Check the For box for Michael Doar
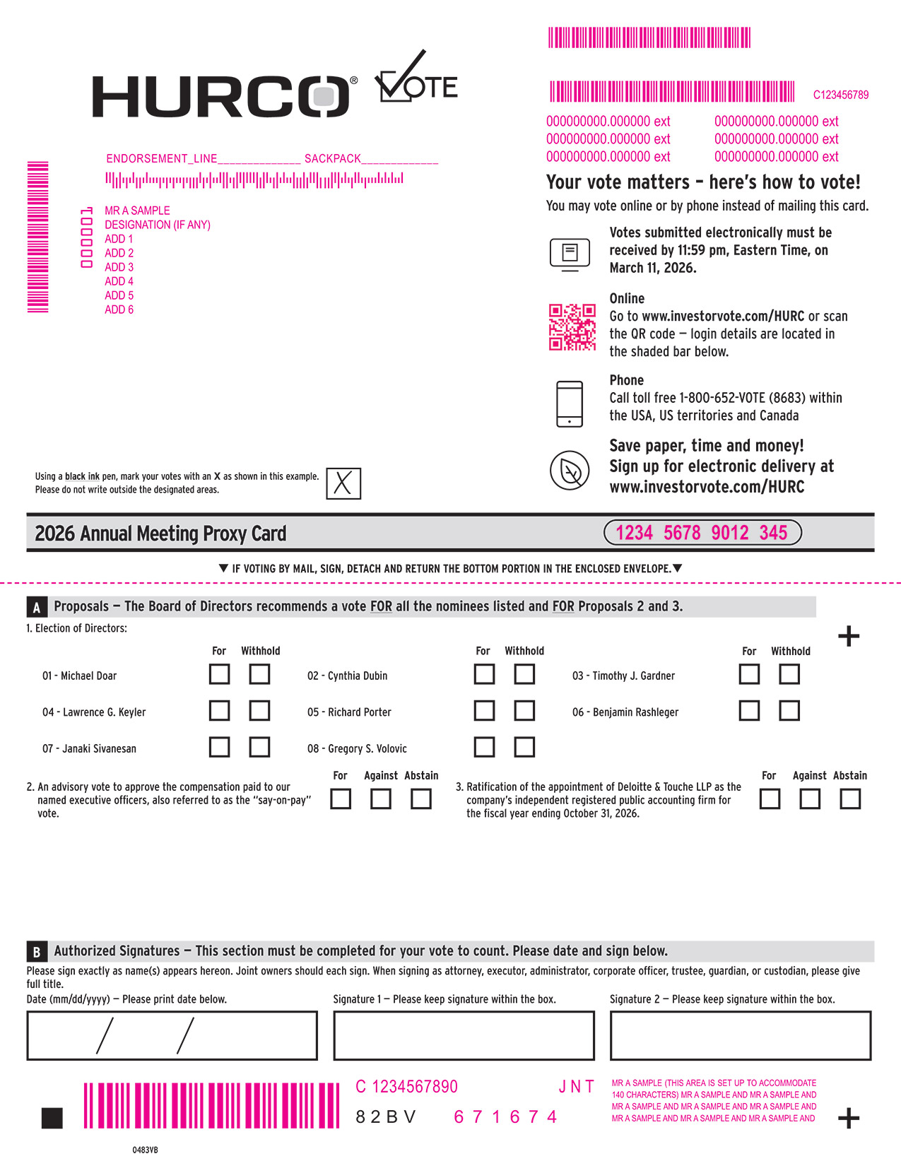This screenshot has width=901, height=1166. pyautogui.click(x=219, y=674)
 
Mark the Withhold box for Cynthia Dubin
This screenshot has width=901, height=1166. pyautogui.click(x=524, y=674)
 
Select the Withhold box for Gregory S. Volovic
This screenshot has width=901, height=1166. pyautogui.click(x=524, y=747)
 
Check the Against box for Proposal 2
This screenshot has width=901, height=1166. pyautogui.click(x=380, y=799)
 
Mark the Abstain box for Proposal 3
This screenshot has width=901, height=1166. pyautogui.click(x=849, y=799)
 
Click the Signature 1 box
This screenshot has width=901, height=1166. pyautogui.click(x=463, y=1035)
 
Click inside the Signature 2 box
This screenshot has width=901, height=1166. pyautogui.click(x=740, y=1035)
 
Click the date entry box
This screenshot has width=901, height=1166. pyautogui.click(x=172, y=1035)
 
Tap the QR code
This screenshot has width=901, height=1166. pyautogui.click(x=572, y=327)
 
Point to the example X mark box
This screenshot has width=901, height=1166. pyautogui.click(x=343, y=484)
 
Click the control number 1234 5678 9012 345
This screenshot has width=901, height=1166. pyautogui.click(x=702, y=533)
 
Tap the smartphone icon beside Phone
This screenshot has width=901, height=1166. pyautogui.click(x=570, y=404)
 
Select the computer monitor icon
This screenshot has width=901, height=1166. pyautogui.click(x=570, y=254)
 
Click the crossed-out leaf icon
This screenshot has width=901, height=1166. pyautogui.click(x=570, y=471)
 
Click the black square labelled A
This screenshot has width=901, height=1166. pyautogui.click(x=37, y=607)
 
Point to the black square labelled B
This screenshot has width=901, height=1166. pyautogui.click(x=37, y=951)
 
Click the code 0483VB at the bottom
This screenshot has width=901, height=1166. pyautogui.click(x=145, y=1150)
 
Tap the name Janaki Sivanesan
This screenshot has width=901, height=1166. pyautogui.click(x=89, y=748)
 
